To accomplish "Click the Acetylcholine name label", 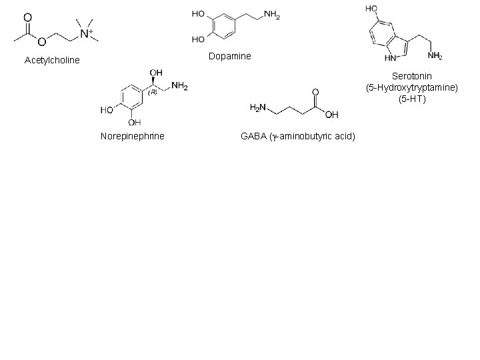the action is coord(52,61).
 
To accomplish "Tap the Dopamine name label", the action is coord(229,56).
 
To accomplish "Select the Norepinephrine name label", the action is coord(132,137).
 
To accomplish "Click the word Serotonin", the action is coord(412,77).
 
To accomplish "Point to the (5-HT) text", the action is coord(412,99).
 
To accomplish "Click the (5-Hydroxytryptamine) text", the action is coord(412,88).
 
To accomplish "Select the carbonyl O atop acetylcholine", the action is coord(27,17).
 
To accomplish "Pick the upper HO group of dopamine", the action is coord(198,14).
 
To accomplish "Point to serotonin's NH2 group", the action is coord(435,57).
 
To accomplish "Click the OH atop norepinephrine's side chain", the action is coord(157,73).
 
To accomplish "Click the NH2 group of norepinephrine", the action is coord(179,86).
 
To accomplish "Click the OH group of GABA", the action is coord(331,114).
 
